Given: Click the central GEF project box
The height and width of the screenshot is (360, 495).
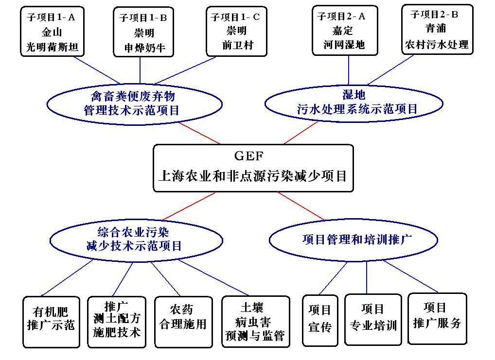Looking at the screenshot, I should [x=253, y=168].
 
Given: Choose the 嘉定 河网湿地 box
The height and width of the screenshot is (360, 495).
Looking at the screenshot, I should [x=344, y=30].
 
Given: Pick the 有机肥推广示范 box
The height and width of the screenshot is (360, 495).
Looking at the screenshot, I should [x=51, y=321].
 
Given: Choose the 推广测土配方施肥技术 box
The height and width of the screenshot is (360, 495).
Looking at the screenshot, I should [x=117, y=321].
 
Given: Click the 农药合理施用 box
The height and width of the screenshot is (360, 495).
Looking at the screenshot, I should [x=183, y=321].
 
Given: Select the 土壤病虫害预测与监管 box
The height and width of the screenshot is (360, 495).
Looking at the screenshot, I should [x=255, y=321].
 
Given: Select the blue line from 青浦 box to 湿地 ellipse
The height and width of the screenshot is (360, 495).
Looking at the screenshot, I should [x=391, y=69].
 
